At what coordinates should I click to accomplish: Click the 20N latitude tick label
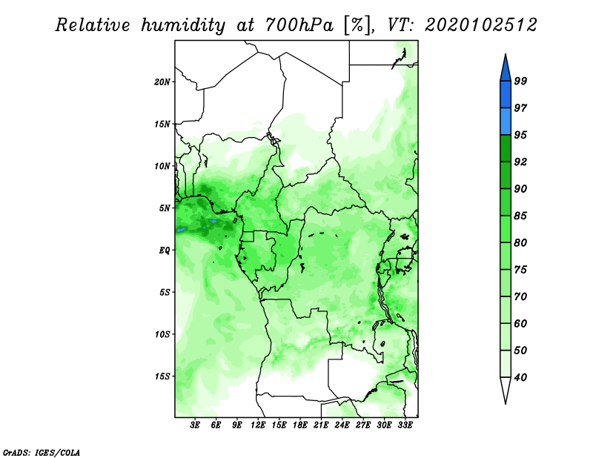click(162, 82)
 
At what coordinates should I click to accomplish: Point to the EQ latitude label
click(164, 250)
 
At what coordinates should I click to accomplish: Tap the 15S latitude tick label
click(162, 376)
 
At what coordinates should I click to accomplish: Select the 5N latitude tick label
click(165, 208)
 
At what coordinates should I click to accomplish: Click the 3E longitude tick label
click(195, 425)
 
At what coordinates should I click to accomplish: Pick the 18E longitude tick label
click(300, 425)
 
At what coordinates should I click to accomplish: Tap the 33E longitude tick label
click(405, 425)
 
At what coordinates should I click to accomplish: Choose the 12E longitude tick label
click(258, 425)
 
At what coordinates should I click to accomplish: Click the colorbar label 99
click(520, 81)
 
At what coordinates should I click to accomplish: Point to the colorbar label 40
click(520, 377)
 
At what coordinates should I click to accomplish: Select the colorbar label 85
click(520, 216)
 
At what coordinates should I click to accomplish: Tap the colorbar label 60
click(520, 323)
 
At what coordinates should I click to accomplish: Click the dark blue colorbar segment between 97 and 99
click(506, 95)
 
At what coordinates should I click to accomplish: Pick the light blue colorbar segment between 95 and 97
click(506, 122)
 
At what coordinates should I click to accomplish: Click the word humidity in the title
click(183, 25)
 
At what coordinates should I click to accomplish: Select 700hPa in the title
click(299, 25)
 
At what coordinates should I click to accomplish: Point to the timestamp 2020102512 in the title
click(480, 25)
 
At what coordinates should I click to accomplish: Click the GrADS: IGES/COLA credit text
click(42, 452)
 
